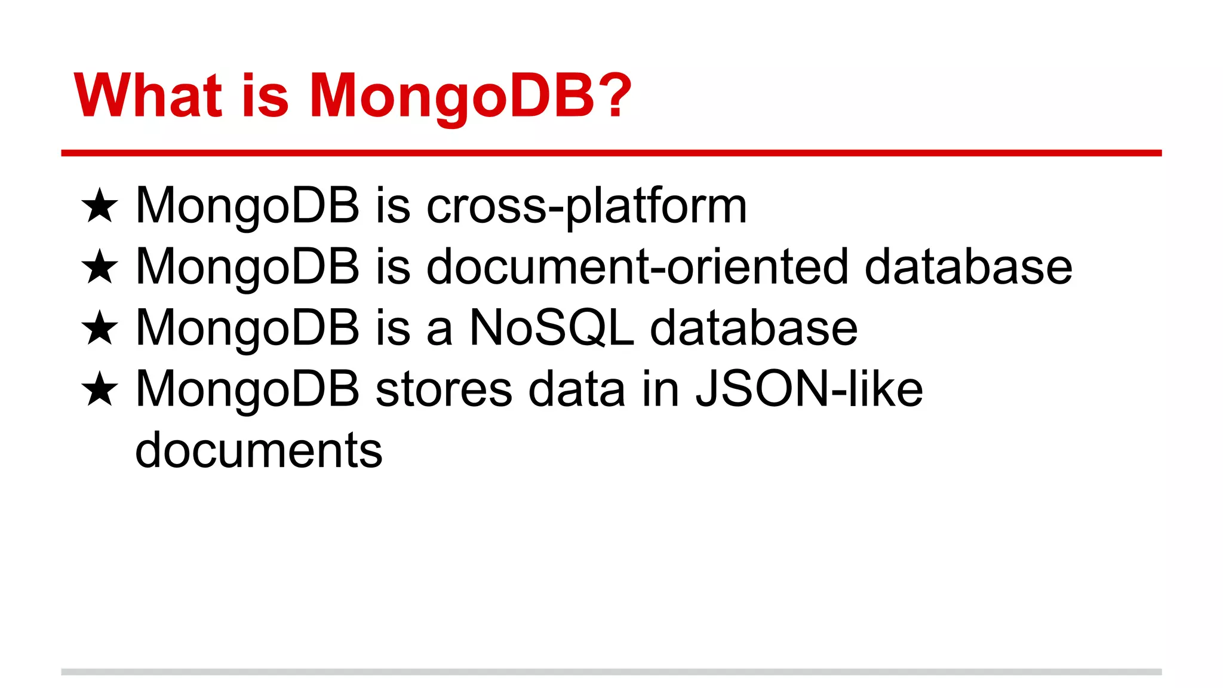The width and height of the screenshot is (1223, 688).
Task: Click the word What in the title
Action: tap(148, 96)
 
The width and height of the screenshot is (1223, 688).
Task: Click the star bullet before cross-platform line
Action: tap(100, 206)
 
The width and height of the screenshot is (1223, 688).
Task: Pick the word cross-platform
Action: tap(586, 206)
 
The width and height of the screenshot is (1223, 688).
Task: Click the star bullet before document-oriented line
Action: tap(100, 267)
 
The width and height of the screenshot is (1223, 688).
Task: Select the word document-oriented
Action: tap(637, 267)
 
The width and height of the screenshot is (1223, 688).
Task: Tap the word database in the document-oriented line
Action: tap(968, 267)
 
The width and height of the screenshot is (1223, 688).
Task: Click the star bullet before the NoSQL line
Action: tap(100, 328)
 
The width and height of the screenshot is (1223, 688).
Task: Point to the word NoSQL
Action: tap(551, 328)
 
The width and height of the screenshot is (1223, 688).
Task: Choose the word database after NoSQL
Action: tap(754, 328)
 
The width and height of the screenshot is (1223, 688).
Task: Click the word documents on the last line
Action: tap(259, 451)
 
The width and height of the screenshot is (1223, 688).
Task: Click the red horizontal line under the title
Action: tap(611, 153)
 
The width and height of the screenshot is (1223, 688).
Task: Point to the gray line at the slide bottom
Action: tap(611, 672)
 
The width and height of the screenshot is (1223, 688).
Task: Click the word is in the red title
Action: tap(265, 96)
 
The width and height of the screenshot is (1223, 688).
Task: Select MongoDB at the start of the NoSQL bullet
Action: tap(247, 328)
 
